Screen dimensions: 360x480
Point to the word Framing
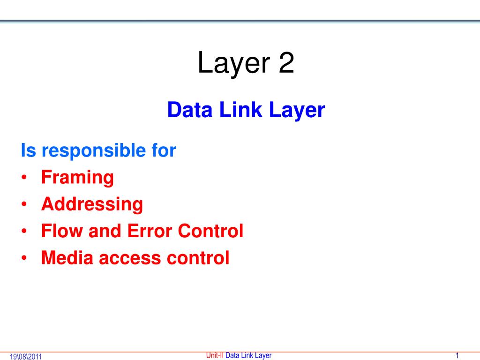pos(77,178)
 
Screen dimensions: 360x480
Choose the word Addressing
pos(92,204)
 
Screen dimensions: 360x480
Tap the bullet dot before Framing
pos(24,179)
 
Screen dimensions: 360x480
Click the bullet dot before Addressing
pos(24,205)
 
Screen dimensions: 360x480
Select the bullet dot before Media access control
pos(24,258)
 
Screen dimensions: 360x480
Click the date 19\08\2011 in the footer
pos(26,357)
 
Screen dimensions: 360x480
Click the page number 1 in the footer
pos(457,355)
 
